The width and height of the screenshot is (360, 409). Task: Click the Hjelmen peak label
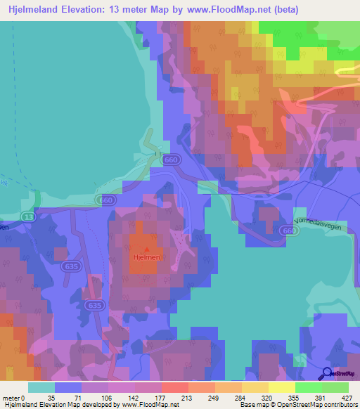coord(147,258)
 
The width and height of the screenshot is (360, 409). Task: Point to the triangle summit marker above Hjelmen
coord(147,249)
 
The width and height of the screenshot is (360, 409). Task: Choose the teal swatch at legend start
coord(42,387)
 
